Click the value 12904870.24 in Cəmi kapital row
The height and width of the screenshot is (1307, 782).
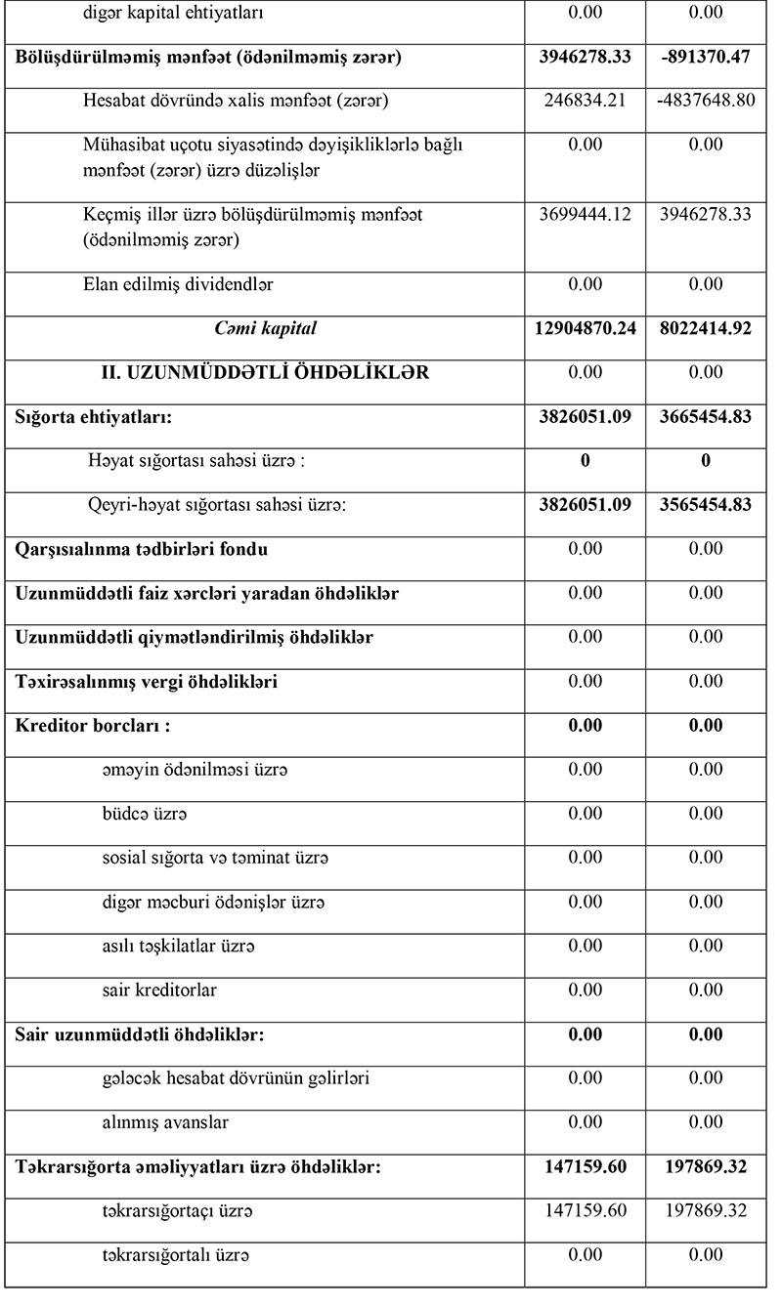[x=586, y=329]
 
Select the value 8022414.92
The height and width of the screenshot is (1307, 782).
[x=706, y=329]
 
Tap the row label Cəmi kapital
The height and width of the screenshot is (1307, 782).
[x=266, y=329]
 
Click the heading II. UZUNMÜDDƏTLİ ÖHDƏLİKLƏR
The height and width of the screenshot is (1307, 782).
[x=265, y=373]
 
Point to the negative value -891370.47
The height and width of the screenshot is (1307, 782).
[x=706, y=57]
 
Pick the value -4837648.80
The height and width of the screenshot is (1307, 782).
[x=706, y=101]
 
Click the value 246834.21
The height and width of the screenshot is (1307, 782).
[x=586, y=101]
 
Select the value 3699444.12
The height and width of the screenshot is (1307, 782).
[x=586, y=214]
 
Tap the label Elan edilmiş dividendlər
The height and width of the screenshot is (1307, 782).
[x=178, y=285]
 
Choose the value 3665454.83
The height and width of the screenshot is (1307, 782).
[x=706, y=417]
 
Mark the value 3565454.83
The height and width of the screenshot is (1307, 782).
[x=706, y=505]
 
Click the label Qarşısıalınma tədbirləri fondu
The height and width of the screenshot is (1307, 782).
[x=142, y=549]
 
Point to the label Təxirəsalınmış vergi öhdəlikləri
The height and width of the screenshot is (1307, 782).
[x=147, y=682]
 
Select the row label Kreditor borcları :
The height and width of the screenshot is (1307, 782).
[x=94, y=726]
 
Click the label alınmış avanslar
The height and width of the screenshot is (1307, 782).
[x=165, y=1122]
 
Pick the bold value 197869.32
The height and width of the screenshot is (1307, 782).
[x=706, y=1166]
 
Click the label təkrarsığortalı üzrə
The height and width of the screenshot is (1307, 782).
[x=176, y=1255]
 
